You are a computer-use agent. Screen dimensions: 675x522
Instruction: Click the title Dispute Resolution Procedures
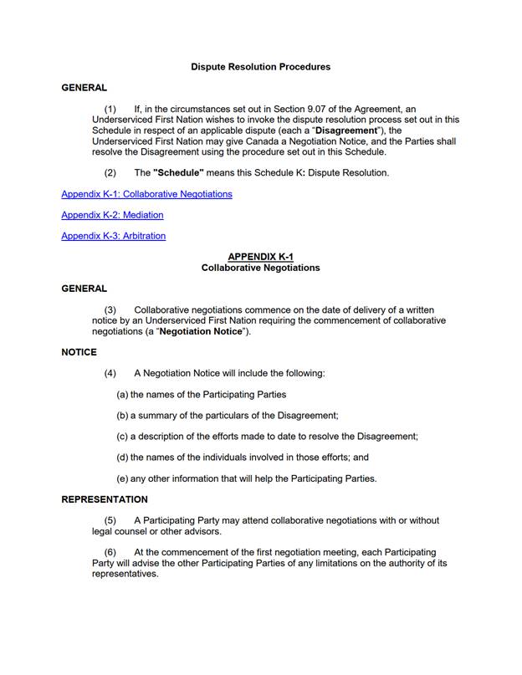click(x=260, y=67)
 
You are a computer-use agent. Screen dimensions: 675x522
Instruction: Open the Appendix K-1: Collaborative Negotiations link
click(x=146, y=194)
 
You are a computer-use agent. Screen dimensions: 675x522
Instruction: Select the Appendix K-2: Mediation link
click(x=112, y=215)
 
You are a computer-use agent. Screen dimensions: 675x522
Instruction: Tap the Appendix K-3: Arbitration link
click(x=113, y=236)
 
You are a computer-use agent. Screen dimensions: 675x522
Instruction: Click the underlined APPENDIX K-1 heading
click(x=260, y=257)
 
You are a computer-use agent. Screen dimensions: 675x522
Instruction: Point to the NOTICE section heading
click(x=79, y=352)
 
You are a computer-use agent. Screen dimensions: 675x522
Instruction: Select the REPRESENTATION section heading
click(x=105, y=499)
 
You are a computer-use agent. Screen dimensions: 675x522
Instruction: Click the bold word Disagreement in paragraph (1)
click(x=344, y=130)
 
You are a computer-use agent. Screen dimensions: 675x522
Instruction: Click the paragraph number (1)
click(x=110, y=110)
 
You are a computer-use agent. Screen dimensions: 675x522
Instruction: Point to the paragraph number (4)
click(x=110, y=373)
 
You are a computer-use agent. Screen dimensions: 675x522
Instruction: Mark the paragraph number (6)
click(x=110, y=552)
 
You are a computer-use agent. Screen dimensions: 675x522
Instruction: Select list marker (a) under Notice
click(x=122, y=394)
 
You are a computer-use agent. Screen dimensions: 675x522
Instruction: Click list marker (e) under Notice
click(x=122, y=478)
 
